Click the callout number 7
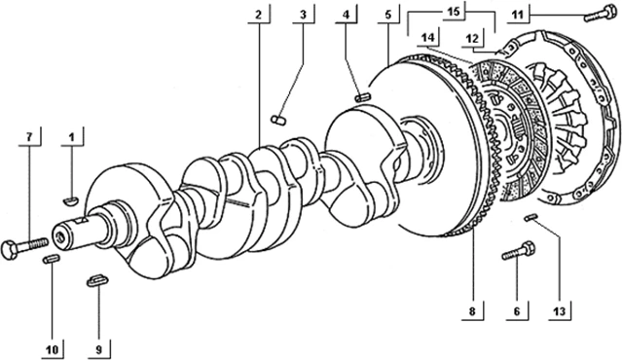[x=29, y=137]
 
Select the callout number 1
[x=71, y=137]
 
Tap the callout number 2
[x=259, y=15]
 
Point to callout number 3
[x=303, y=15]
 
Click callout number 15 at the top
[x=454, y=11]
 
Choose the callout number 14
[x=428, y=38]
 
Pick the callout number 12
[x=472, y=39]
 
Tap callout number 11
[x=517, y=15]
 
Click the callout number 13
[x=560, y=311]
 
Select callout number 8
[x=472, y=311]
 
